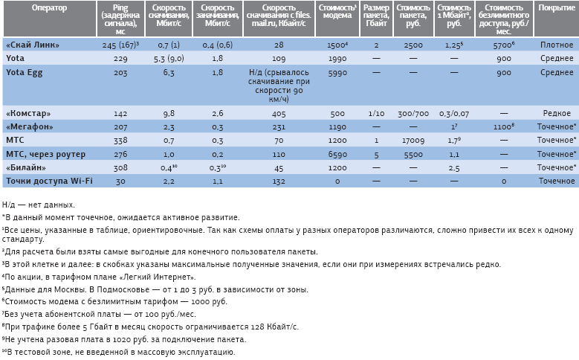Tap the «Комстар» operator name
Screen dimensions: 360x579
coord(28,114)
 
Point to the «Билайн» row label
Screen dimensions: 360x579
coord(26,167)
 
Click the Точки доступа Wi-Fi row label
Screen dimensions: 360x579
coord(38,181)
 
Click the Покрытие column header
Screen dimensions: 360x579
coord(555,8)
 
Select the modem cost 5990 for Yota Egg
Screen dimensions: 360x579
coord(337,73)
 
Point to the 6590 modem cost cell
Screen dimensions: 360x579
coord(337,154)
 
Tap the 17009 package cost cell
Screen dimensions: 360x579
coord(413,141)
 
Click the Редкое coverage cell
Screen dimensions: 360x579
coord(555,114)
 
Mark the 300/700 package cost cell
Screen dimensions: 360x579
coord(413,114)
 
